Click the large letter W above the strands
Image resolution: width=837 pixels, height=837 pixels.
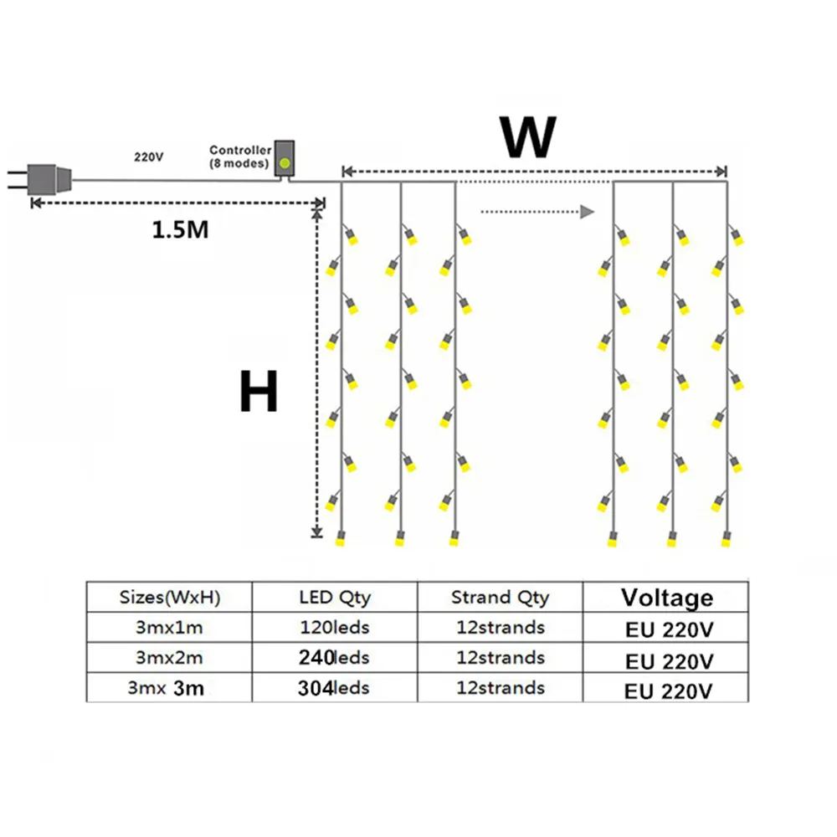(x=527, y=137)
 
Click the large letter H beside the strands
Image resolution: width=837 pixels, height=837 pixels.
(x=258, y=392)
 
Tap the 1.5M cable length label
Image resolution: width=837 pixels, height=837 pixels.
(x=180, y=229)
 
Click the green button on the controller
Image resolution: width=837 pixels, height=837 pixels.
(x=285, y=162)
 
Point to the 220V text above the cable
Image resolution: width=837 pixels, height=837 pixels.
(x=148, y=157)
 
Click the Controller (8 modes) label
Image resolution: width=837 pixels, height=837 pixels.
(x=240, y=157)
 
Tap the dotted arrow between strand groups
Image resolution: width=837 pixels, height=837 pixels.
(x=537, y=212)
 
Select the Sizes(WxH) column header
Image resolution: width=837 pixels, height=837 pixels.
(x=170, y=598)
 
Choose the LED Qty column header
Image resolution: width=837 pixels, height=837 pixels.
(x=334, y=598)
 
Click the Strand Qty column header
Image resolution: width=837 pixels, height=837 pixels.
(x=500, y=598)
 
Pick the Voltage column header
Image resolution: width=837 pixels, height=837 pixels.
(x=667, y=598)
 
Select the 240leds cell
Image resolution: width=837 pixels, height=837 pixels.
(x=334, y=658)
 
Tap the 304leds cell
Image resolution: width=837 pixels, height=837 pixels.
(x=334, y=688)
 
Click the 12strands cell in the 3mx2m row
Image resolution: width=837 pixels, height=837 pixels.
(x=500, y=658)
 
